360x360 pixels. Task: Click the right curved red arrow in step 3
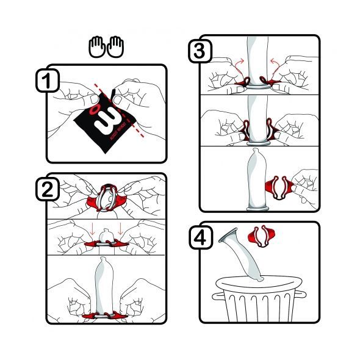tap(278, 63)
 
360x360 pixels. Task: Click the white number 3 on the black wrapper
tap(106, 113)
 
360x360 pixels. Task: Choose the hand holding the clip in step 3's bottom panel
tap(305, 183)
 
